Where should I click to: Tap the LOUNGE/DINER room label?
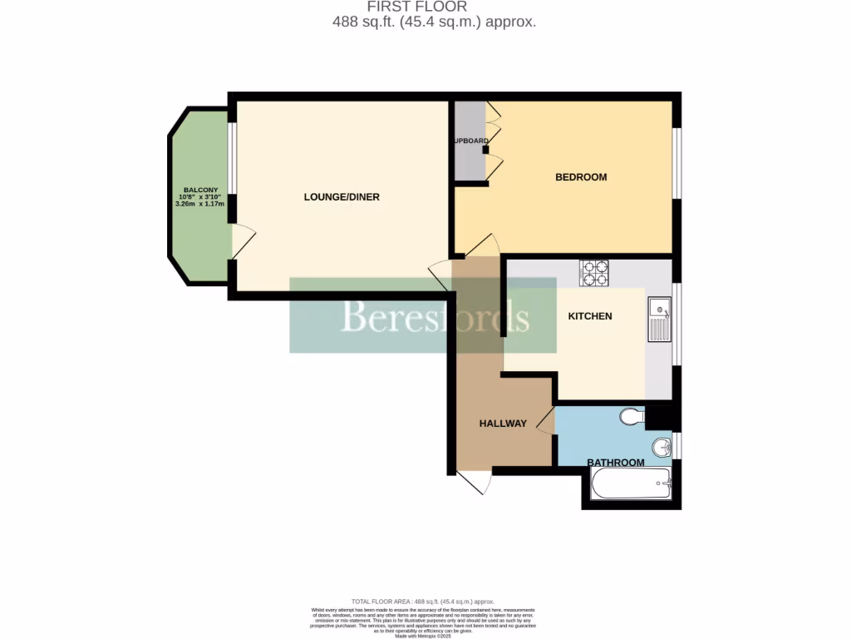pos(342,197)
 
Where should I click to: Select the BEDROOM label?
pos(581,177)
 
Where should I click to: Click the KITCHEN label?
pos(590,316)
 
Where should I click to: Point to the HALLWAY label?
pos(503,424)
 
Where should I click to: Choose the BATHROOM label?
pos(616,463)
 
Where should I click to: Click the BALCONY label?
pos(199,190)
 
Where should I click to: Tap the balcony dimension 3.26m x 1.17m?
pos(199,203)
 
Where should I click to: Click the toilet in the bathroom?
pos(633,416)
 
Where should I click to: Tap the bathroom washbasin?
pos(662,447)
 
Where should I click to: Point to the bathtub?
pos(631,483)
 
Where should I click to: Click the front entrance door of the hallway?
pos(474,482)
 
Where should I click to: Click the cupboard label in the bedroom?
pos(471,141)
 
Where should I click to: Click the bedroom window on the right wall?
pos(677,163)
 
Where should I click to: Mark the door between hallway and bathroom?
pos(546,423)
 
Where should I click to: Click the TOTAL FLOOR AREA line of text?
pos(423,602)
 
